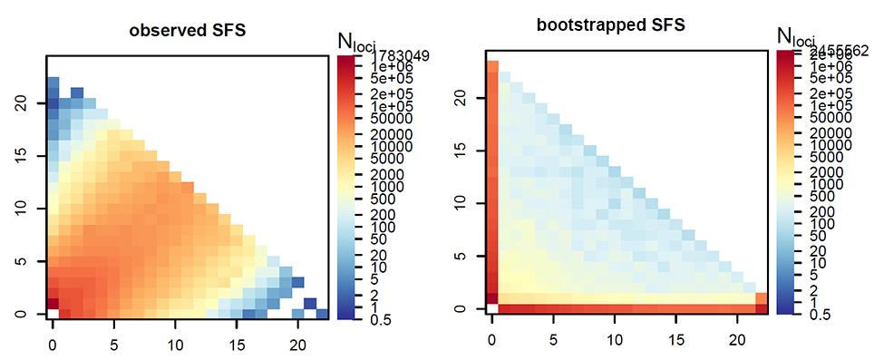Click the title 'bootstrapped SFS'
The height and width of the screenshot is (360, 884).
(626, 26)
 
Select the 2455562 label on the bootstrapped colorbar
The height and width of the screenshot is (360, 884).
(838, 52)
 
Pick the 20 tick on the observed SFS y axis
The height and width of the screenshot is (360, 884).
(20, 104)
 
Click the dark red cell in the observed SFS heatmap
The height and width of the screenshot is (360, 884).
(53, 303)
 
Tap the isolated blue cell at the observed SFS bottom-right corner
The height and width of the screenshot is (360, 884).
(322, 314)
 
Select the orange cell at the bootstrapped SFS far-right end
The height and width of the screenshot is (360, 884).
(761, 299)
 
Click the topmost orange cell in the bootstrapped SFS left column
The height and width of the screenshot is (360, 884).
(492, 65)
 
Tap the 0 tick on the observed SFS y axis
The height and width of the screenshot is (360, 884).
(20, 314)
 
